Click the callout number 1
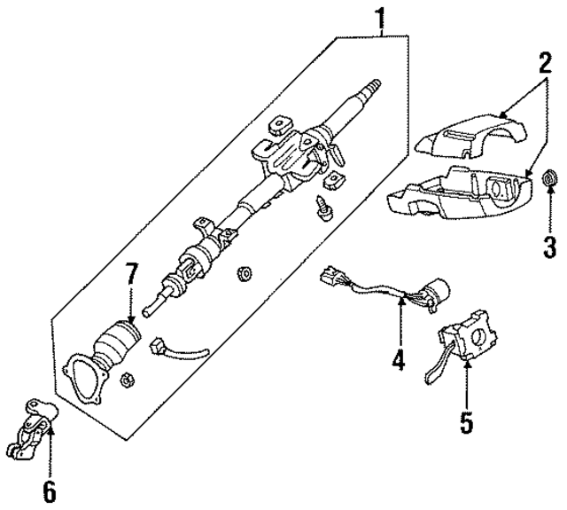[x=381, y=17]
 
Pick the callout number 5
[x=466, y=420]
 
